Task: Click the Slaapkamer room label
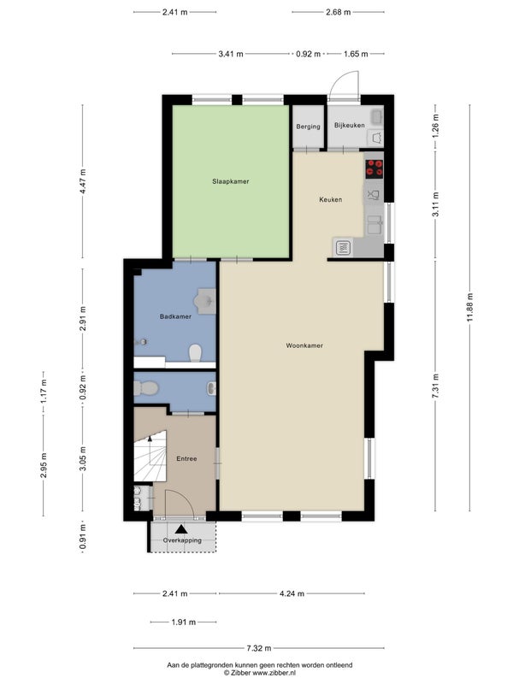pyautogui.click(x=230, y=181)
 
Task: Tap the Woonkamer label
pyautogui.click(x=304, y=345)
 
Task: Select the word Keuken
pyautogui.click(x=331, y=200)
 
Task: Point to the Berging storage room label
pyautogui.click(x=308, y=127)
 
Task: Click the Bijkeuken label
pyautogui.click(x=350, y=125)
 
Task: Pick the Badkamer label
pyautogui.click(x=175, y=316)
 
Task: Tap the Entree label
pyautogui.click(x=186, y=459)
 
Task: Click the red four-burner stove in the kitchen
pyautogui.click(x=374, y=168)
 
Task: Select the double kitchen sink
pyautogui.click(x=374, y=225)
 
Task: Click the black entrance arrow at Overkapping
pyautogui.click(x=181, y=529)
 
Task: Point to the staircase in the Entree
pyautogui.click(x=150, y=457)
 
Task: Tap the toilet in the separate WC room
pyautogui.click(x=145, y=387)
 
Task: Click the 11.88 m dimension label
pyautogui.click(x=469, y=308)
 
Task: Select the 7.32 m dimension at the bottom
pyautogui.click(x=259, y=648)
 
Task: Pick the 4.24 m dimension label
pyautogui.click(x=292, y=593)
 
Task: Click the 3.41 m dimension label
pyautogui.click(x=231, y=54)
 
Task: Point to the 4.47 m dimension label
pyautogui.click(x=83, y=181)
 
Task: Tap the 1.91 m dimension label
pyautogui.click(x=183, y=622)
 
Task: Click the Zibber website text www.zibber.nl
pyautogui.click(x=274, y=673)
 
